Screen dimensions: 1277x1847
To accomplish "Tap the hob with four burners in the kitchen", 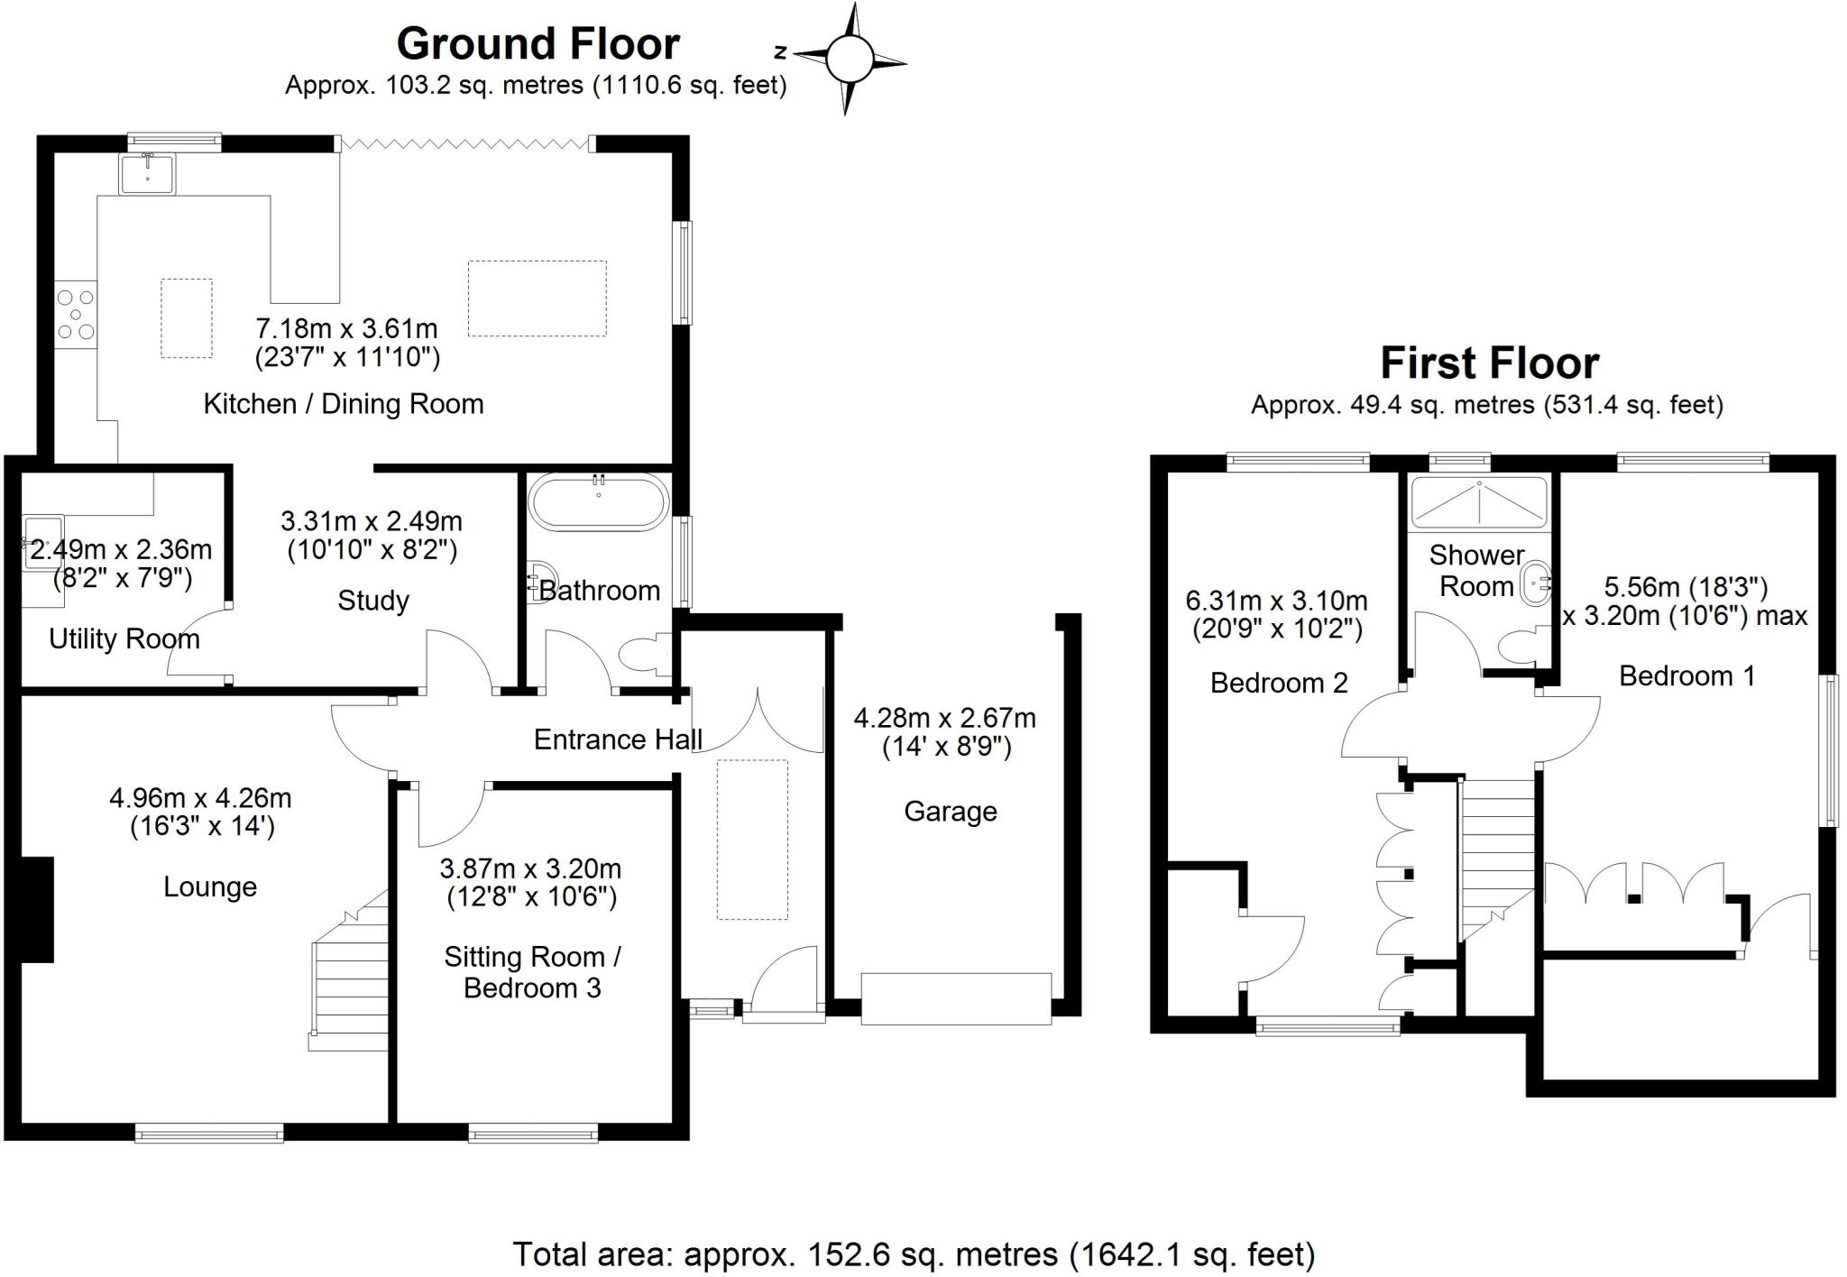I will tap(76, 314).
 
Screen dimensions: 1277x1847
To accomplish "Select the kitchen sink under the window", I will tap(148, 173).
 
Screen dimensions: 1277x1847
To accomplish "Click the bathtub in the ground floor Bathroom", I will tap(599, 501).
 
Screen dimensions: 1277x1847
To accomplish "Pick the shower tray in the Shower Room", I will tap(1479, 502).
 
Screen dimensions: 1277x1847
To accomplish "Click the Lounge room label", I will tap(210, 887).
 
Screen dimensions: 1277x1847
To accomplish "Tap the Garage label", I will tap(951, 812).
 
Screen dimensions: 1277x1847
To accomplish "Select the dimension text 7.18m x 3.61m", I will tap(347, 328).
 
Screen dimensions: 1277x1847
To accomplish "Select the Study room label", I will tap(373, 601).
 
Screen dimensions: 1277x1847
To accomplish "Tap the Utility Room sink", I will tap(41, 542).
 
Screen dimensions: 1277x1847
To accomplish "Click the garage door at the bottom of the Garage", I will tap(956, 998).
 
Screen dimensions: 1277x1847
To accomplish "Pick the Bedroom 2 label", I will tap(1279, 684).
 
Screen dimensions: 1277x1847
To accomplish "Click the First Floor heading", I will tap(1489, 363).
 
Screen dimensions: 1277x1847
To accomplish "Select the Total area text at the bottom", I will tap(914, 1254).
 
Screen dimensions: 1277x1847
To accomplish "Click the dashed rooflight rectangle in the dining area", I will tap(537, 299).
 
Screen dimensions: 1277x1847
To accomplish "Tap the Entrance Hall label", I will tap(618, 740).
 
